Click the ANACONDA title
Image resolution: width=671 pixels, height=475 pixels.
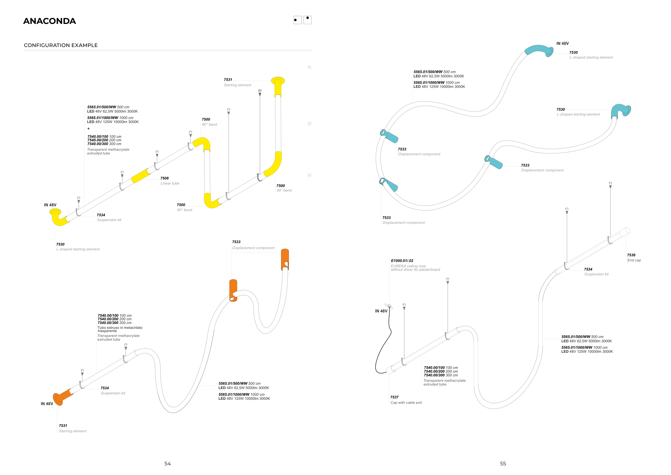(49, 21)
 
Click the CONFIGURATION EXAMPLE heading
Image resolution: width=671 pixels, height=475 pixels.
(61, 45)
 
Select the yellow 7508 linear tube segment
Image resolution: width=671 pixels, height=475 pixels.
(141, 176)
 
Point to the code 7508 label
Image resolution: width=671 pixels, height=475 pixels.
(165, 178)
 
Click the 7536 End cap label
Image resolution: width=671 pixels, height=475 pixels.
(634, 258)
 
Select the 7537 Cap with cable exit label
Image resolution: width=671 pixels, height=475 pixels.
(406, 400)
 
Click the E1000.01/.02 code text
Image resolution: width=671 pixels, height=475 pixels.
(402, 261)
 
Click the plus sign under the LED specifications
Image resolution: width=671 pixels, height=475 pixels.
(89, 129)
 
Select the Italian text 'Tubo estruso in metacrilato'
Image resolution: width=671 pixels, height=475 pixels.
(120, 328)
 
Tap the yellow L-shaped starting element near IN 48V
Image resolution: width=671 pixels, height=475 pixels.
(59, 218)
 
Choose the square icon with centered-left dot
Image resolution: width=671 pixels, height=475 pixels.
(297, 20)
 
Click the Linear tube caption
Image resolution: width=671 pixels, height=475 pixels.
(170, 183)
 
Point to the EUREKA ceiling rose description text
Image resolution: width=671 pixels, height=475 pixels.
(415, 268)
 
